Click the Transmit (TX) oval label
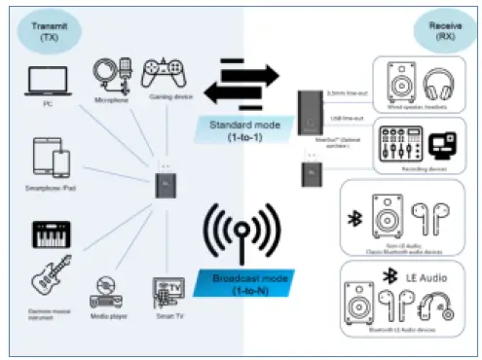pyautogui.click(x=43, y=32)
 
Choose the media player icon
pyautogui.click(x=107, y=293)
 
